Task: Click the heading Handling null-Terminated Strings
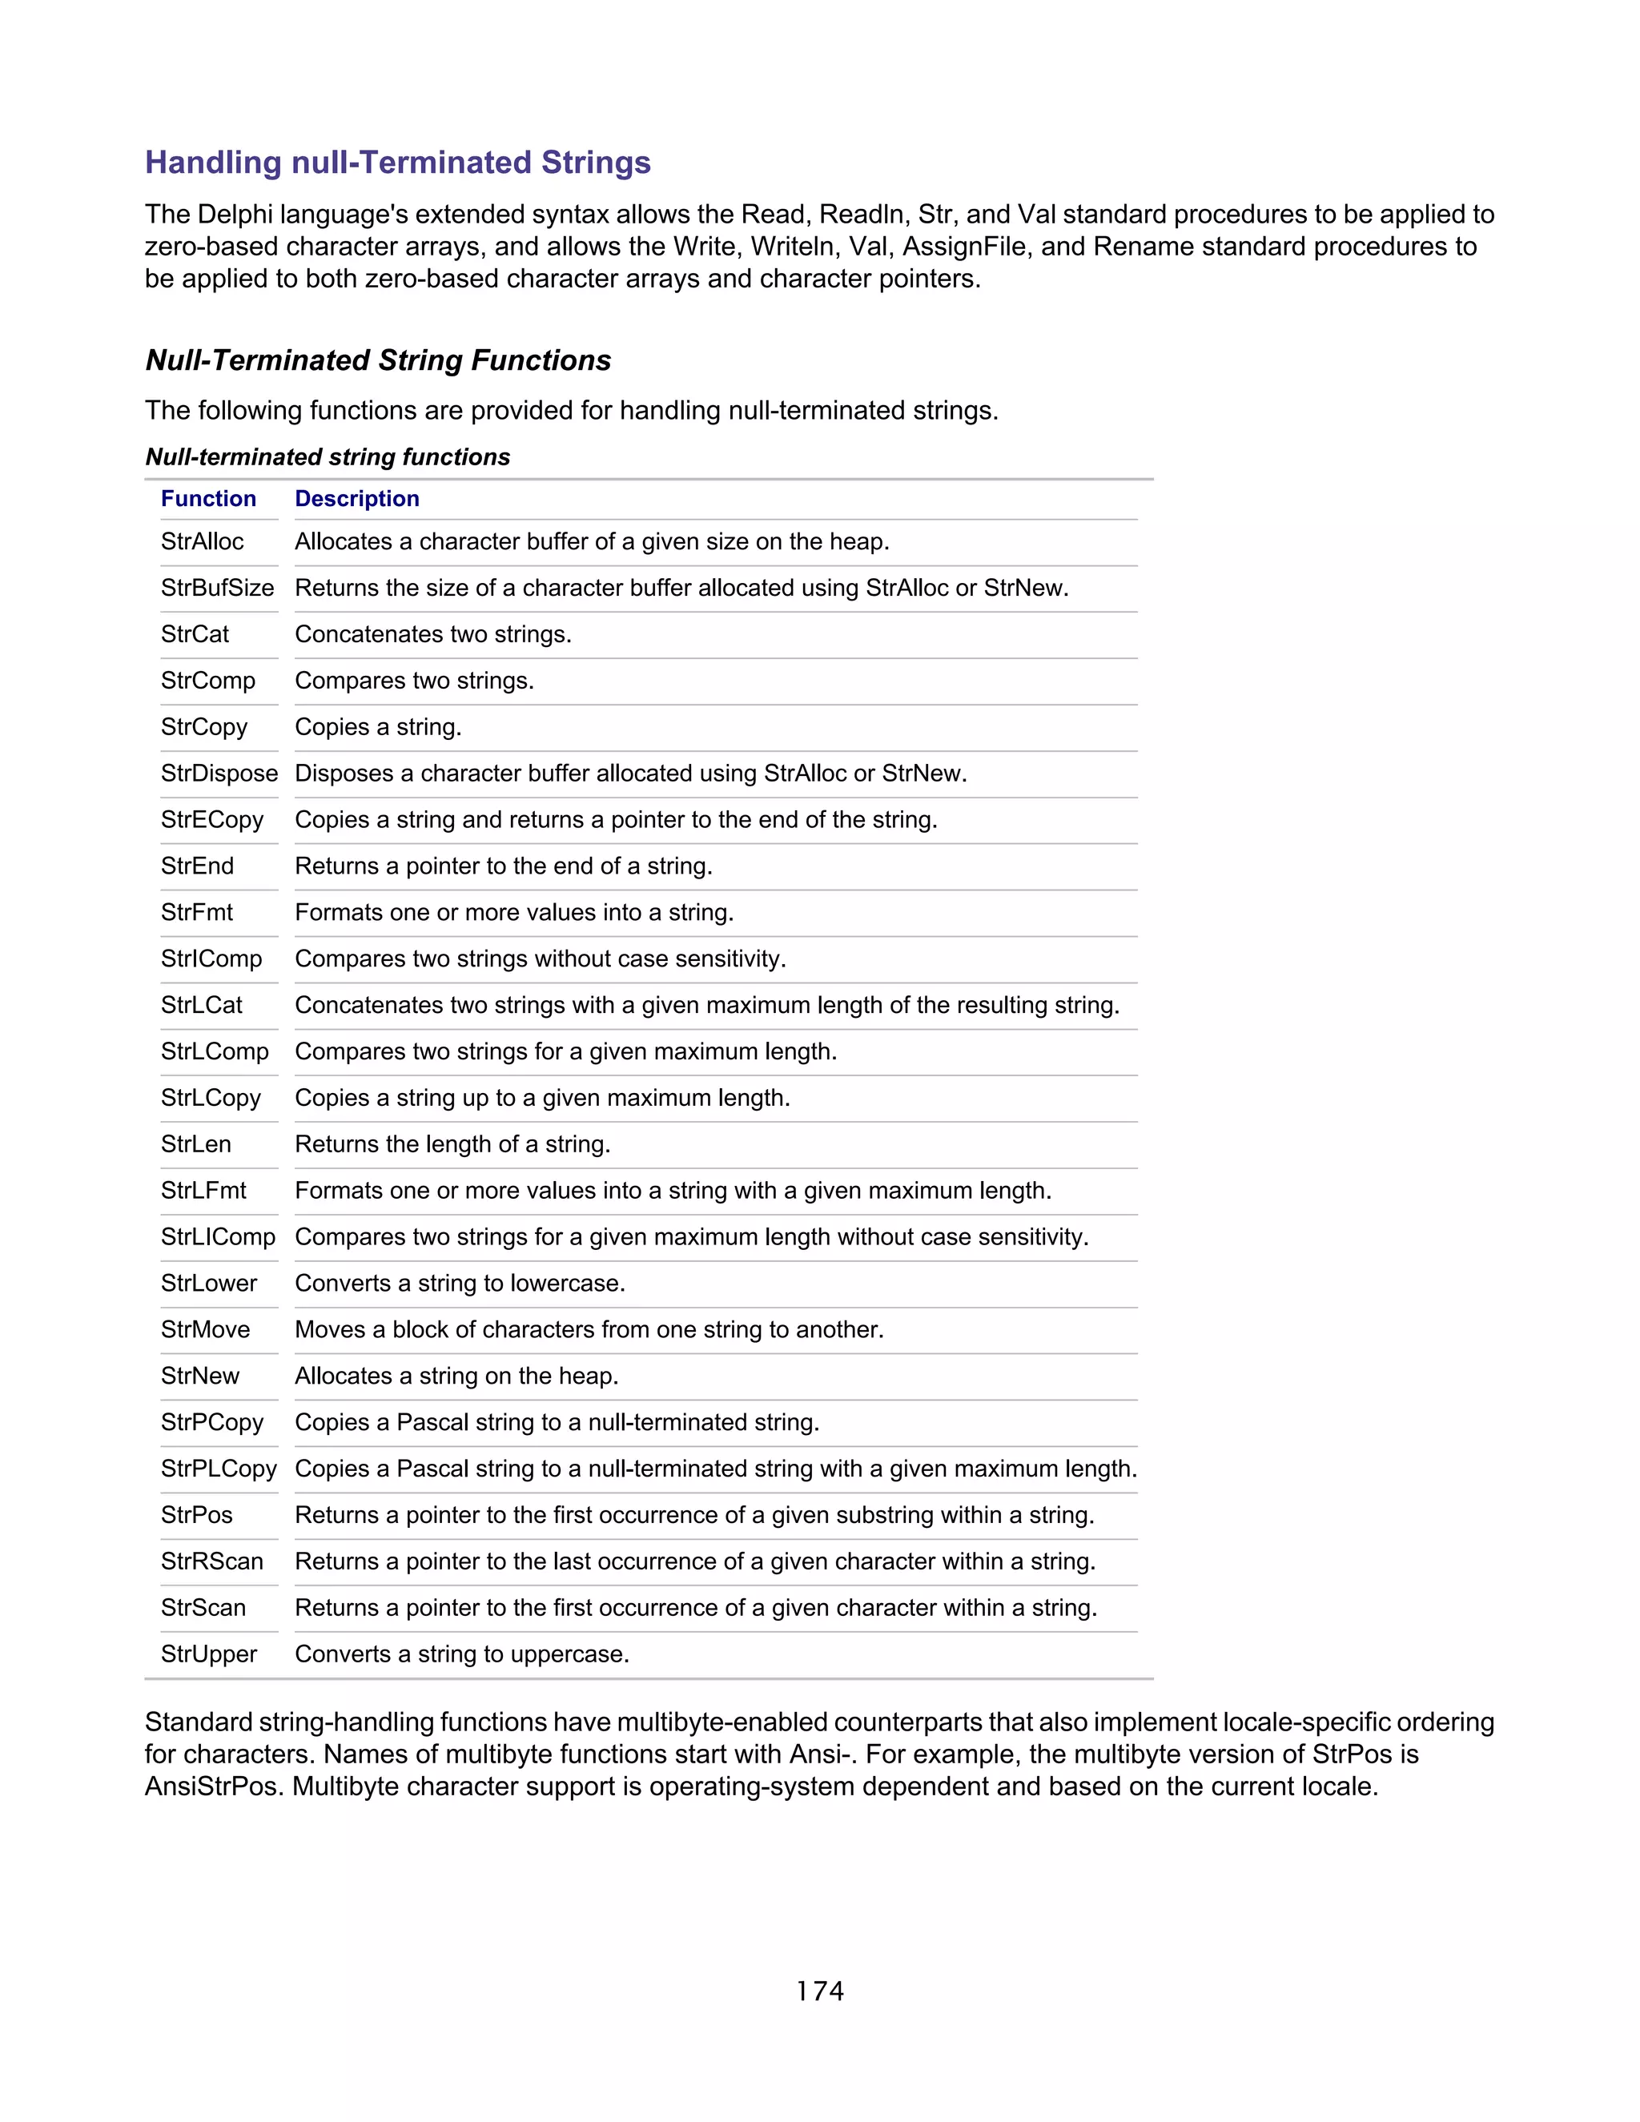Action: point(397,163)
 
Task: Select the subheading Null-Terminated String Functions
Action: point(378,360)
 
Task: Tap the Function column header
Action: point(208,498)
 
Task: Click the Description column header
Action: point(356,498)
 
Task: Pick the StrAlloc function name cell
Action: point(202,541)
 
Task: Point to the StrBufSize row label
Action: point(218,588)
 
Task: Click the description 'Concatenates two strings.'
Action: point(433,634)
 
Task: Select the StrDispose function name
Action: point(219,774)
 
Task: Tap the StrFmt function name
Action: point(197,912)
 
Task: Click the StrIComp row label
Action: point(211,959)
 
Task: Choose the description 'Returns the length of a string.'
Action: point(452,1144)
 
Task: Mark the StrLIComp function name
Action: point(219,1237)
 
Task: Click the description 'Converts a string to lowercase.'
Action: point(460,1284)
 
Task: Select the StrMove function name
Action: point(205,1329)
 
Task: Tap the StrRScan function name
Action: point(211,1561)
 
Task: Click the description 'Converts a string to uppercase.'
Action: point(461,1654)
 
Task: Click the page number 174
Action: point(820,1991)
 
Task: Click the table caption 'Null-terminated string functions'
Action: point(328,456)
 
